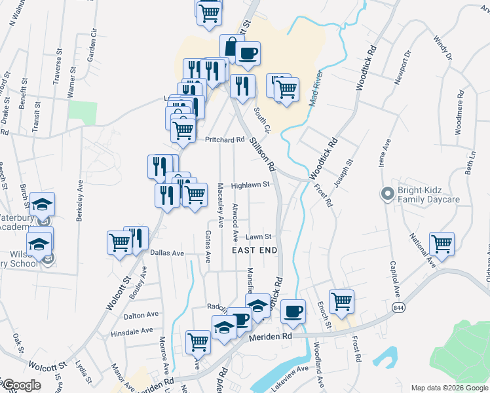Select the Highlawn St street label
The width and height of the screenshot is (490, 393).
coord(250,185)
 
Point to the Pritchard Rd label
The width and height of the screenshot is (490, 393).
coord(224,140)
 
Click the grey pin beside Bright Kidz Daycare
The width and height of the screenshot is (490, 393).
coord(387,195)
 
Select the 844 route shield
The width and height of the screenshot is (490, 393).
coord(398,307)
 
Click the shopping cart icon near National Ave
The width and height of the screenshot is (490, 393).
coord(442,244)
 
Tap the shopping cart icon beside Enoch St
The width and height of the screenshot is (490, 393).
coord(341,301)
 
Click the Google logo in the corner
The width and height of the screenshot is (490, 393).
coord(21,386)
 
